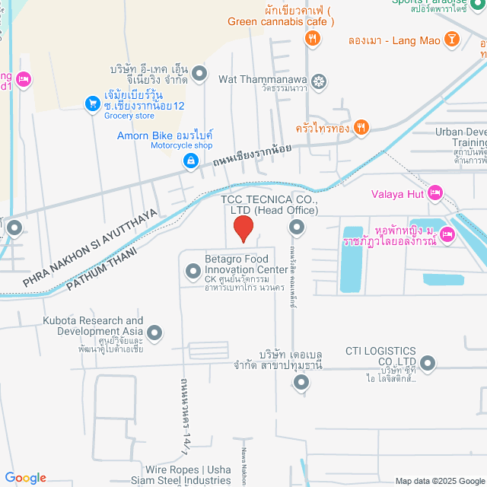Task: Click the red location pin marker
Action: [242, 228]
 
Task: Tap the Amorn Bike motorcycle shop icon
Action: [190, 161]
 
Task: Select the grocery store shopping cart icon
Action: [92, 103]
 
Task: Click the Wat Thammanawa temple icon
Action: [320, 80]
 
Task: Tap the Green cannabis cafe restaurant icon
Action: [311, 37]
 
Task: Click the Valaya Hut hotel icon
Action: [435, 193]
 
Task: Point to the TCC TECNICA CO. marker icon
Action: [296, 227]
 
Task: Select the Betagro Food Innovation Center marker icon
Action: [193, 269]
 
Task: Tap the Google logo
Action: [24, 477]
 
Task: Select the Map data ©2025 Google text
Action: [439, 480]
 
